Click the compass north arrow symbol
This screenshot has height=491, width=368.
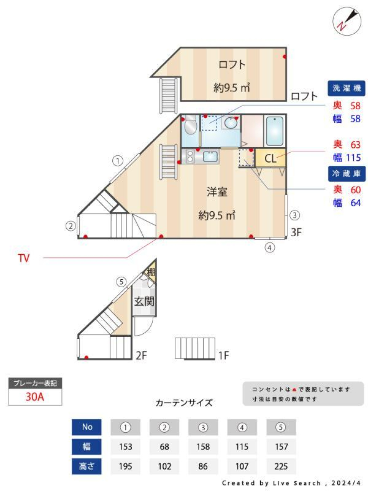tap(347, 21)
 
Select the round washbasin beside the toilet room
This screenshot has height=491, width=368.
tap(231, 123)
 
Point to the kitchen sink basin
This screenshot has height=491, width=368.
tap(210, 157)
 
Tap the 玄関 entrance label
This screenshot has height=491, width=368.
tap(144, 302)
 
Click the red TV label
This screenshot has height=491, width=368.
tap(24, 258)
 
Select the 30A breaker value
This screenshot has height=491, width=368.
tap(35, 397)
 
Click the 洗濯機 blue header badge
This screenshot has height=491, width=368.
tap(347, 88)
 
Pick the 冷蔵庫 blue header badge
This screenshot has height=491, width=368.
tap(347, 173)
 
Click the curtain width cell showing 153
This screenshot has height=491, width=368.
tap(125, 447)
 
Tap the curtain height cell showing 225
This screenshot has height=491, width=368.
tap(281, 466)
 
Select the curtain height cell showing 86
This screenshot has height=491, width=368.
tap(203, 466)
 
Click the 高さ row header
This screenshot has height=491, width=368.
tap(87, 466)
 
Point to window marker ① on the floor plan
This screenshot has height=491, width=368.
tap(117, 161)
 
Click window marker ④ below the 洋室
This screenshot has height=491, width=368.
tap(270, 248)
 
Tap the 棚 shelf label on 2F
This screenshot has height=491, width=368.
tap(151, 273)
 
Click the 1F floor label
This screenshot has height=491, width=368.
tap(223, 355)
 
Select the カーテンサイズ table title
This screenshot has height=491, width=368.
tap(184, 403)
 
